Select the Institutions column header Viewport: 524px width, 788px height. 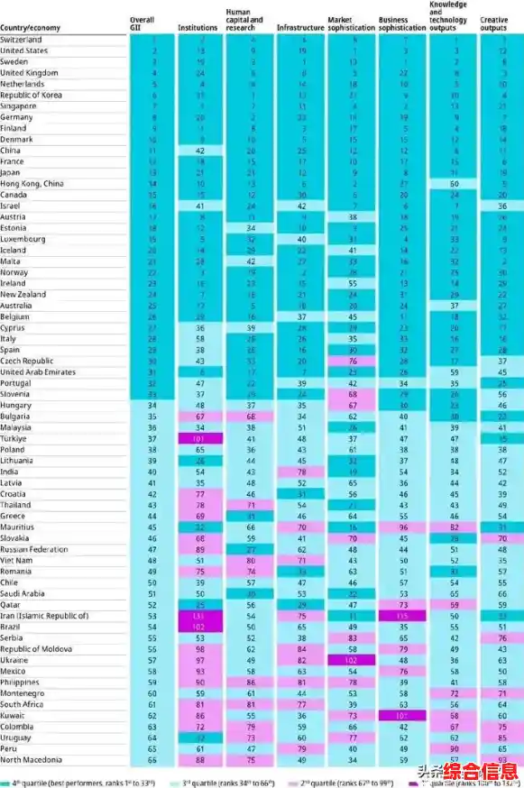(198, 28)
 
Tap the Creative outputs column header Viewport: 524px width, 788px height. (494, 24)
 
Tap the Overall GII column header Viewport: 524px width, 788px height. (142, 24)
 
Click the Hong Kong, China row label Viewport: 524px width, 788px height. (32, 184)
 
